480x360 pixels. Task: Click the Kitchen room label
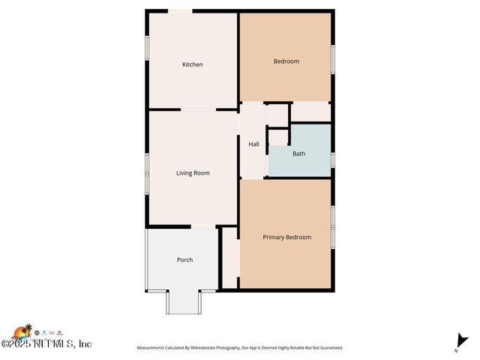(193, 64)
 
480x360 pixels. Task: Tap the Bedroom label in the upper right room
(286, 61)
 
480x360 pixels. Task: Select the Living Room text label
(193, 173)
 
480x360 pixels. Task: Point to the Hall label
(253, 144)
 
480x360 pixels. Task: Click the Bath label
(298, 154)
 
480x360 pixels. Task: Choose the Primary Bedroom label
(286, 237)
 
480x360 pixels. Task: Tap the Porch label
(184, 260)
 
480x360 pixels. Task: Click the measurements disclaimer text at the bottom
(239, 348)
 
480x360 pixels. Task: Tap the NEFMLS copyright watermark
(46, 343)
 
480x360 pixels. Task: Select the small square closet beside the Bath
(278, 137)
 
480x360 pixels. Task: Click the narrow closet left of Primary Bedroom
(230, 258)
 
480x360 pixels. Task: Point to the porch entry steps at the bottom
(184, 301)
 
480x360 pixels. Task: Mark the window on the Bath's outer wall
(331, 158)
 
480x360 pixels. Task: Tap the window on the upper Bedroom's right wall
(331, 58)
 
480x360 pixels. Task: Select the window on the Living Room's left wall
(146, 172)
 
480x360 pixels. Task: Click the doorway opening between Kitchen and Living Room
(199, 110)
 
